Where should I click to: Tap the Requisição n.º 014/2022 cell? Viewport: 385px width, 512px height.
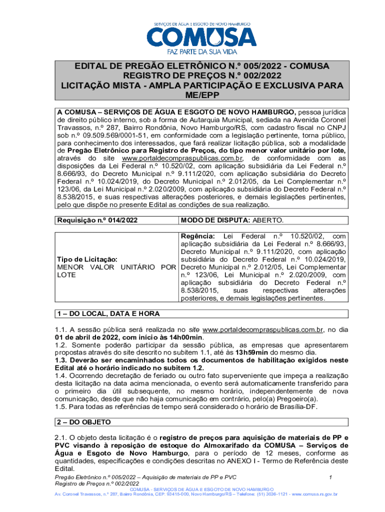click(98, 220)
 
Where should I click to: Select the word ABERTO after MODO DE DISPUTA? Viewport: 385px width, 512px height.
click(267, 220)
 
